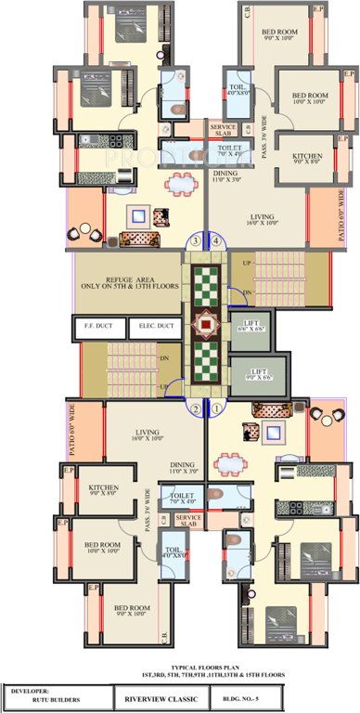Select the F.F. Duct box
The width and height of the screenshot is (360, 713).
[x=97, y=326]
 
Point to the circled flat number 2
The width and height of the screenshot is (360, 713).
[x=196, y=407]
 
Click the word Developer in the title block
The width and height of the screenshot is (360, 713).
[x=36, y=691]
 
